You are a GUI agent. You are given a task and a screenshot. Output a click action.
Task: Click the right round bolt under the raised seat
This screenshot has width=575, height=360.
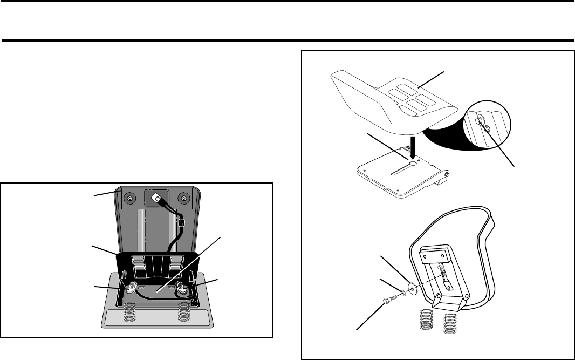pos(184,200)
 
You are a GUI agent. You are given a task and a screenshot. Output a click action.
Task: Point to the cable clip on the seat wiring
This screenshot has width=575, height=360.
pos(181,222)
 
